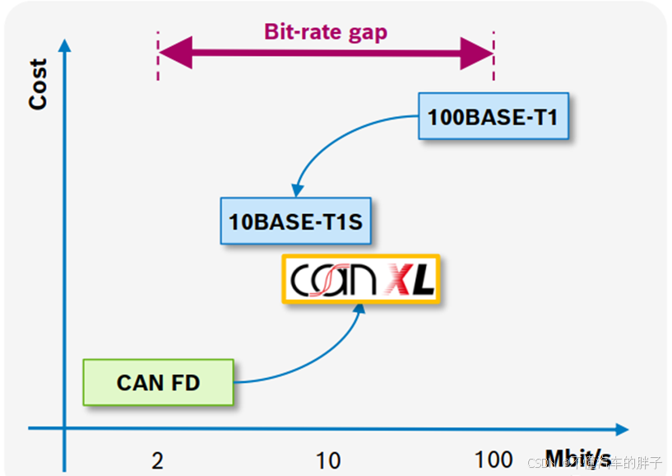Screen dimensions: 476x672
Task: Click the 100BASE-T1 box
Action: pos(493,116)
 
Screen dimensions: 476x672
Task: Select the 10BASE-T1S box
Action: pos(295,221)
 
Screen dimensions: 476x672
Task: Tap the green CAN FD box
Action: pos(158,382)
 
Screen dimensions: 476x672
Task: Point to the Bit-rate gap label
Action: pos(325,32)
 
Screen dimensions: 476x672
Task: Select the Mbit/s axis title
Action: pos(577,458)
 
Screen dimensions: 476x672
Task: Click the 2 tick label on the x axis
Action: pos(157,460)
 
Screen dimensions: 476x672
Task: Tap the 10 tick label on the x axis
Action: pos(328,460)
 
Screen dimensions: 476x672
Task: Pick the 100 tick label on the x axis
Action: pos(494,460)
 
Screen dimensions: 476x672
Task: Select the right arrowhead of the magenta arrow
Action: pos(476,54)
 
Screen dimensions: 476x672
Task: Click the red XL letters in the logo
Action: pos(412,281)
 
